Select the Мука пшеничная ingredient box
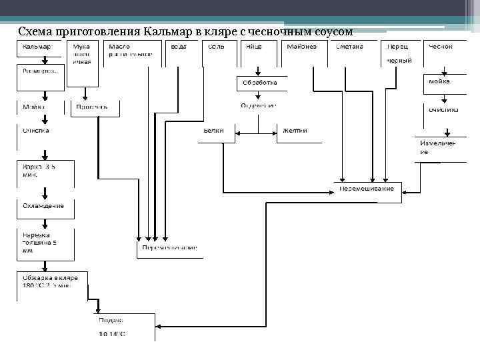pyautogui.click(x=82, y=53)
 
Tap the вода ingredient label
pyautogui.click(x=178, y=47)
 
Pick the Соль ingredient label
pyautogui.click(x=215, y=47)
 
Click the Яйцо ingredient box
pyautogui.click(x=253, y=47)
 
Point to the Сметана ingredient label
pyautogui.click(x=349, y=47)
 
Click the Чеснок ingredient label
pyautogui.click(x=440, y=47)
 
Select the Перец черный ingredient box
pyautogui.click(x=400, y=53)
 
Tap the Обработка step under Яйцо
pyautogui.click(x=259, y=83)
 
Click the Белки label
pyautogui.click(x=215, y=131)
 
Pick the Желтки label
pyautogui.click(x=295, y=131)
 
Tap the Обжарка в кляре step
pyautogui.click(x=51, y=281)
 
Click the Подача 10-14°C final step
pyautogui.click(x=112, y=326)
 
